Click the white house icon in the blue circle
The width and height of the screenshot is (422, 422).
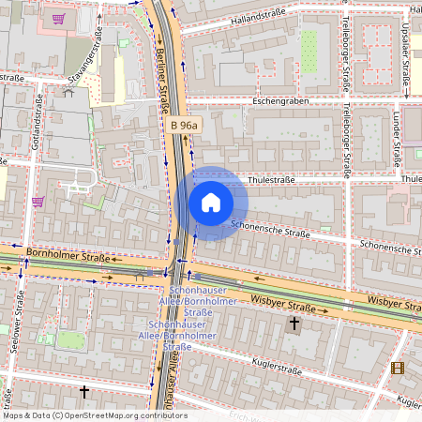[210, 203]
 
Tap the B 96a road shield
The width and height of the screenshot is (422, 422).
[184, 124]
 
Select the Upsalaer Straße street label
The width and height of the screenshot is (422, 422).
[403, 56]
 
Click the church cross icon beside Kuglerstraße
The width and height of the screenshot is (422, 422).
[294, 324]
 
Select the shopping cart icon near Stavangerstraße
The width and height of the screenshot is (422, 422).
[58, 18]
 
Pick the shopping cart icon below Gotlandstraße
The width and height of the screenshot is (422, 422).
[38, 201]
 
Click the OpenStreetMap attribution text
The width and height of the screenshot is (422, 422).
[94, 415]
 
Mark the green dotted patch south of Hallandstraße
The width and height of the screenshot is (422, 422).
[309, 43]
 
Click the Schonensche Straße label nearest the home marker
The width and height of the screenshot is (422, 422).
[270, 226]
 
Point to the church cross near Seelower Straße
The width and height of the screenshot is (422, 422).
[84, 390]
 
